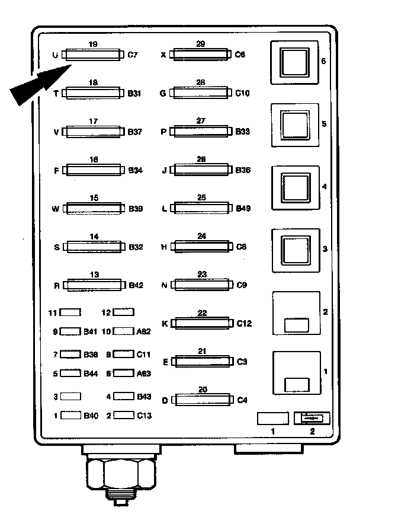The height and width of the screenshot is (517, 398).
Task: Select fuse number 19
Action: pos(94,55)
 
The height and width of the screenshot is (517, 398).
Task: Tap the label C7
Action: pos(133,55)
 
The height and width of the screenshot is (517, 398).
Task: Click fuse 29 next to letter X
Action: pos(200,55)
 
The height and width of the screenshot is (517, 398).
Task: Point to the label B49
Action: pos(243,208)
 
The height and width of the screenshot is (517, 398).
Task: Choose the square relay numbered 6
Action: pos(294,62)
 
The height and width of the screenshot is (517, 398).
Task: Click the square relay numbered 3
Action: pos(294,250)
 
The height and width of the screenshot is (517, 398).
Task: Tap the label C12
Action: pos(244,324)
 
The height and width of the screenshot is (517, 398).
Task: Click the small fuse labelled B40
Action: pos(71,416)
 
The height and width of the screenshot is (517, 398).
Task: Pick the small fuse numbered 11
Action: pos(71,312)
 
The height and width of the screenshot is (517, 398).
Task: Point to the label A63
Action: pos(143,374)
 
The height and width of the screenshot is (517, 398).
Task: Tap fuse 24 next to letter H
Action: pos(201,246)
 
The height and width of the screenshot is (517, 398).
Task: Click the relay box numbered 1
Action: pos(296,374)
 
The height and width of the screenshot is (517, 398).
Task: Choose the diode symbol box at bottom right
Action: pos(312,418)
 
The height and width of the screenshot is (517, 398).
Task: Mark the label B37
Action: pos(136,132)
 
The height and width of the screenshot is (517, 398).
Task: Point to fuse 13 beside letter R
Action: pos(94,285)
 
